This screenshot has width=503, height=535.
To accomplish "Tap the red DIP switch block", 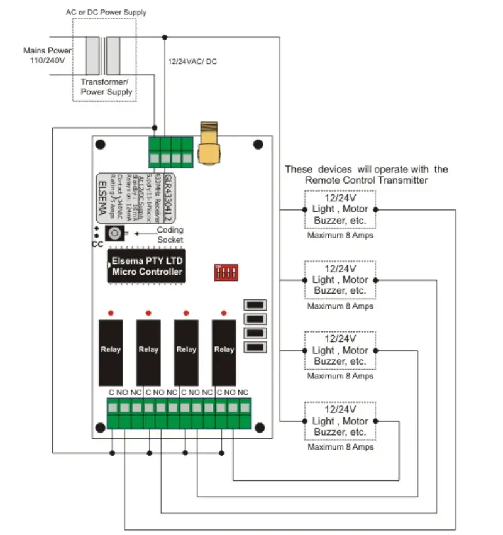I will coord(227,272).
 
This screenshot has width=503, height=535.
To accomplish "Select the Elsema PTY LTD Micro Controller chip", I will coord(147,267).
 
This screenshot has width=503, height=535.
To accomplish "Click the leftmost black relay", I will coord(110,352).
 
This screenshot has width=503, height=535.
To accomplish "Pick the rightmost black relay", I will coord(224,352).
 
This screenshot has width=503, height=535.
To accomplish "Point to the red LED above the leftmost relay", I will coord(110,312).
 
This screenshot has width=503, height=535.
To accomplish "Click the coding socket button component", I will coord(114,233).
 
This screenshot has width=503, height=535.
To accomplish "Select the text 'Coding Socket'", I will coord(170,234).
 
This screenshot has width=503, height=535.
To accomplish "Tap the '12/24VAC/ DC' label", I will coord(192,62).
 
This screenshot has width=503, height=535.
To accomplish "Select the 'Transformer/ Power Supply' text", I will coord(106,87).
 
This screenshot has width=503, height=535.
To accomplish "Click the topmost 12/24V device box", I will coord(340,209).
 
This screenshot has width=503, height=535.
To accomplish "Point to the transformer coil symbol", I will coord(103,55).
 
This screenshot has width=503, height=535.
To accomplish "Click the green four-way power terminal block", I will coord(170,152).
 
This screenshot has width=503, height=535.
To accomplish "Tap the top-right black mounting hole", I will coord(258,145).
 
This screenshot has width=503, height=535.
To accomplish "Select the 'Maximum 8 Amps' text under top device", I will coord(340,236).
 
